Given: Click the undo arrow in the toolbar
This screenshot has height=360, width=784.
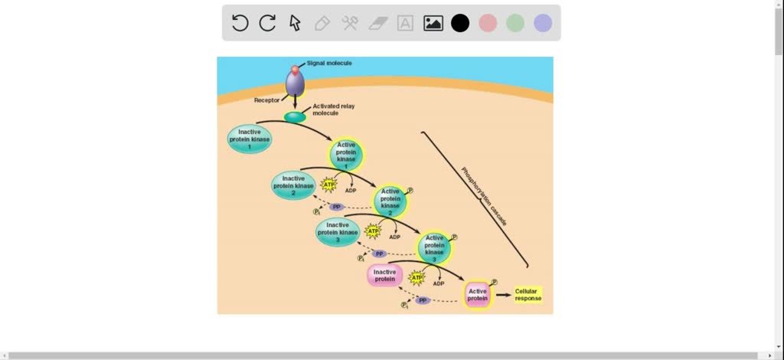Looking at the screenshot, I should pyautogui.click(x=240, y=23).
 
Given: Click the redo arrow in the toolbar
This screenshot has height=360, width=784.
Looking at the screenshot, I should pyautogui.click(x=267, y=23).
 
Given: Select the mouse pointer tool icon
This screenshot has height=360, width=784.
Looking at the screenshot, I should pyautogui.click(x=295, y=23).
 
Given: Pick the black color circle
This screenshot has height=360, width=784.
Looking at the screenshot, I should pyautogui.click(x=460, y=23).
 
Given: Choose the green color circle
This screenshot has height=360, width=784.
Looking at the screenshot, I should pyautogui.click(x=515, y=23).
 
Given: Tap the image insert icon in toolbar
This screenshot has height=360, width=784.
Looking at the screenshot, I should pyautogui.click(x=433, y=23).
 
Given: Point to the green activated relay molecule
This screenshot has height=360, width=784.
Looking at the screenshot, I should pyautogui.click(x=295, y=117).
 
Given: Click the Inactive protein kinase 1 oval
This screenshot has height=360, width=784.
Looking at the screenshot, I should pyautogui.click(x=250, y=139).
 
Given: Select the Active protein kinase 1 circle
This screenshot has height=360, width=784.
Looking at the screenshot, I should pyautogui.click(x=347, y=155).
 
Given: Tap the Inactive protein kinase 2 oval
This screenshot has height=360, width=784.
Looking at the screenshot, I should pyautogui.click(x=293, y=185).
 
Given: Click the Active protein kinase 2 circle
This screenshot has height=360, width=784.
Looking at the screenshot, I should pyautogui.click(x=390, y=201).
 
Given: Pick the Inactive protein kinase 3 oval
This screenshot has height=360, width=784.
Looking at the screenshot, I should pyautogui.click(x=338, y=231).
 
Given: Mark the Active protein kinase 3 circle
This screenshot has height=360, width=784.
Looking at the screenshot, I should pyautogui.click(x=434, y=247).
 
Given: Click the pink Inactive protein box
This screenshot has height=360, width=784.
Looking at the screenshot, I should pyautogui.click(x=385, y=276).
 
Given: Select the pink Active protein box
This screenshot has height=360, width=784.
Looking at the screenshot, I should pyautogui.click(x=478, y=295).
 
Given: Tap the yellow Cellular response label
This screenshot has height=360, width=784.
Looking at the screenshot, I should pyautogui.click(x=527, y=295).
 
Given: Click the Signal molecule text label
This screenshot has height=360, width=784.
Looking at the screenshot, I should pyautogui.click(x=329, y=63).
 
